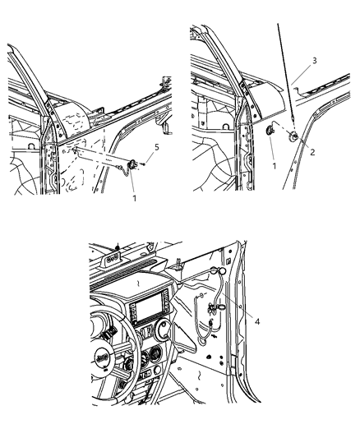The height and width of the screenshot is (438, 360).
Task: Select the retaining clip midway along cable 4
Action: [212, 308]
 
